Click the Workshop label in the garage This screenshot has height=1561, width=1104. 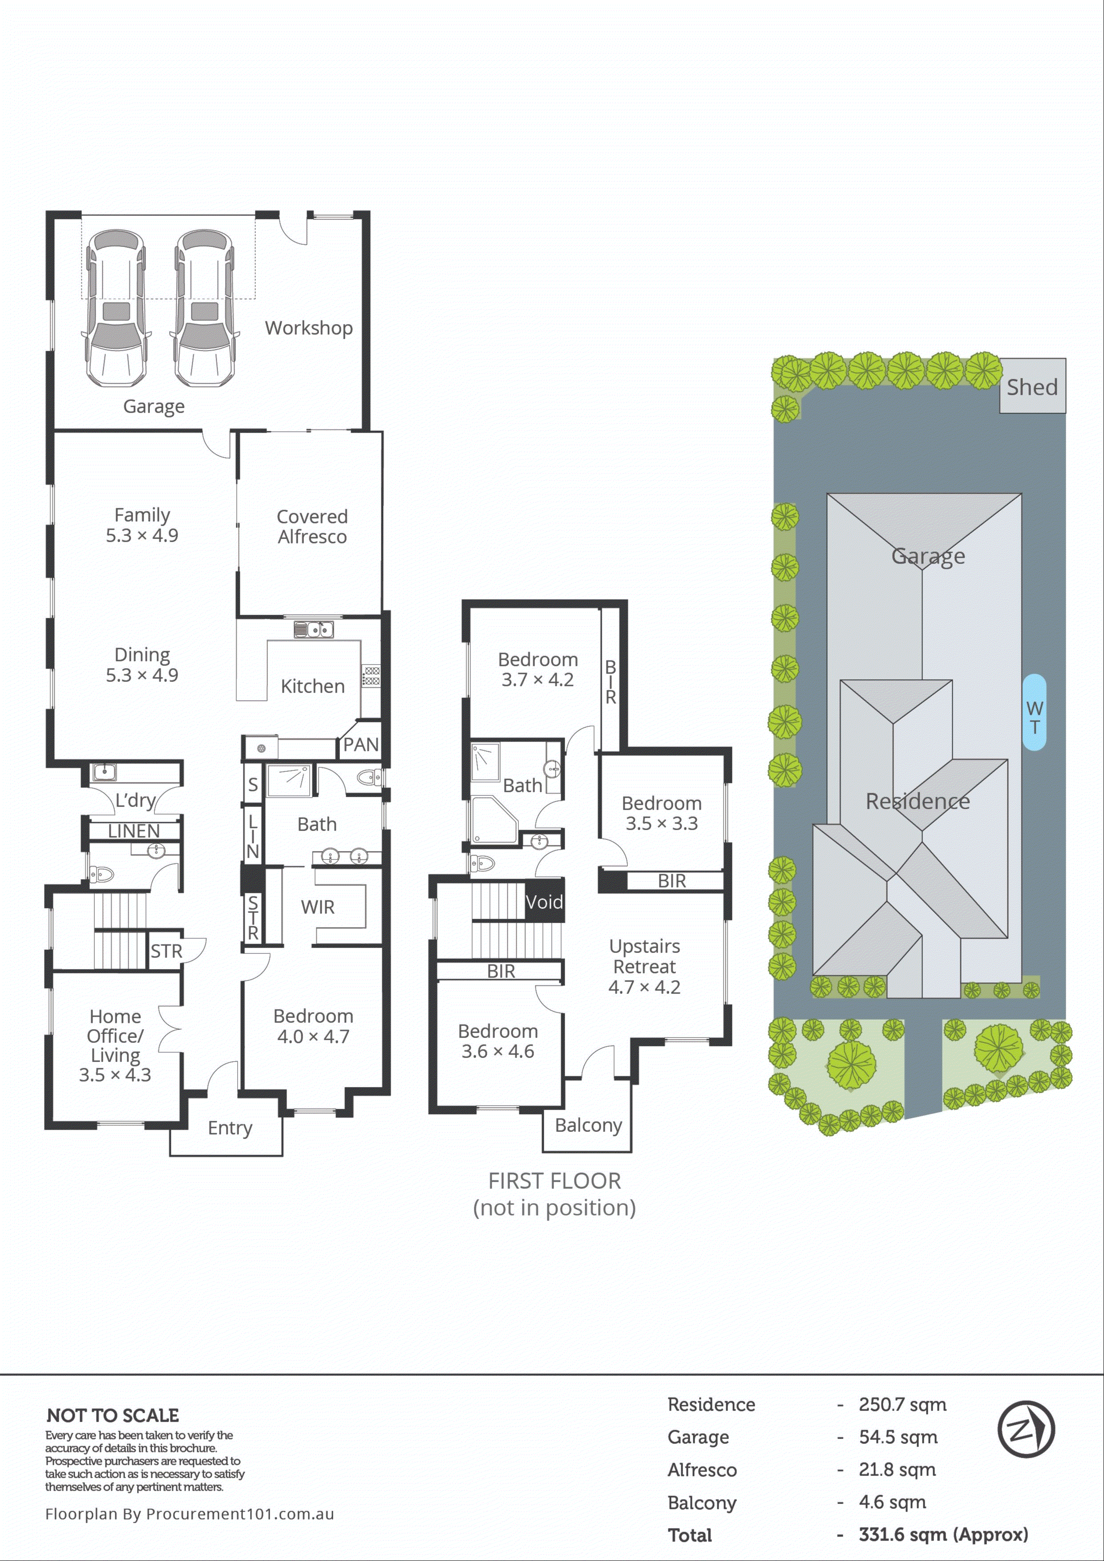coord(309,328)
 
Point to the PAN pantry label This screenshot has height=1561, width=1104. coord(360,745)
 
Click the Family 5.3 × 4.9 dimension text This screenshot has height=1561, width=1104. coord(142,535)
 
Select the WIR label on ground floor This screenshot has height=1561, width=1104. coord(317,907)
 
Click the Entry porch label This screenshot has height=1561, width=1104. coord(230,1127)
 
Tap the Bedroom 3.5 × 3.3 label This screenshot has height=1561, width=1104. coord(661,813)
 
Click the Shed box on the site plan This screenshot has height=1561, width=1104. coord(1032,387)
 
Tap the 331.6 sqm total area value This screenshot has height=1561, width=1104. coord(942,1534)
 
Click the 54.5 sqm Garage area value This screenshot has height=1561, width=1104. coord(898,1436)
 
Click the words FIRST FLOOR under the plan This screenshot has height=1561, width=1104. coord(554,1181)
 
